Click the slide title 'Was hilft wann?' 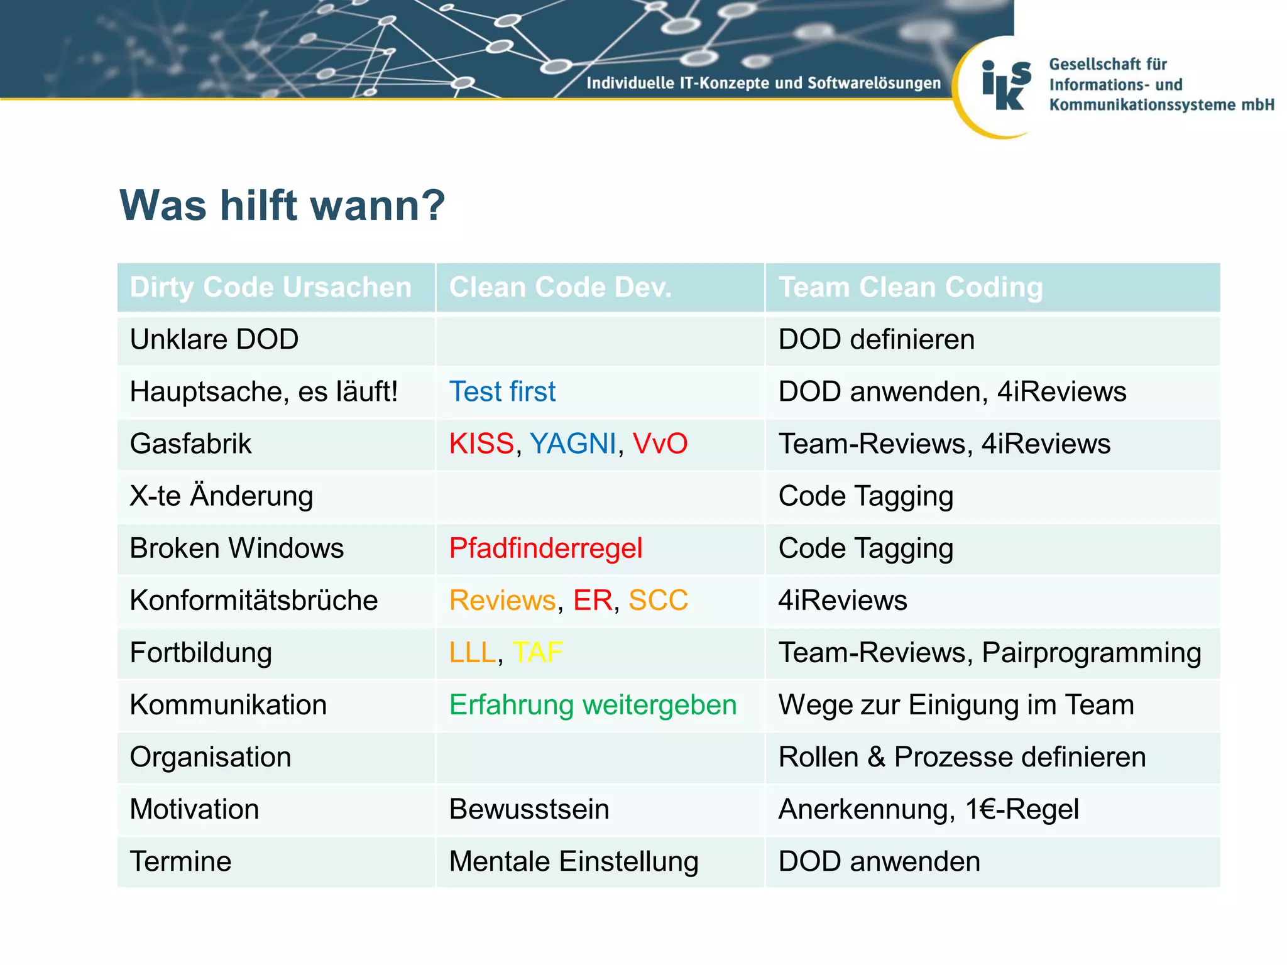(282, 205)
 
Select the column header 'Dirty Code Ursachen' (270, 287)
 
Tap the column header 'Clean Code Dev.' (560, 287)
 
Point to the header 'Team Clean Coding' (910, 287)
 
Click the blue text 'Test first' (502, 391)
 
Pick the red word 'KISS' (481, 444)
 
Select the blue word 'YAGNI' (572, 444)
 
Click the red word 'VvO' (659, 444)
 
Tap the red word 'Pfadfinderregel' (545, 548)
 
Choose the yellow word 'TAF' (537, 652)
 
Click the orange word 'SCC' (658, 600)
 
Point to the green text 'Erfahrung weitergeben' (593, 704)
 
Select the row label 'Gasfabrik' (190, 444)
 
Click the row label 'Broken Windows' (236, 548)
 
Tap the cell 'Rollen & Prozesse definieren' (961, 756)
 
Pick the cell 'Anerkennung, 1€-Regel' (928, 809)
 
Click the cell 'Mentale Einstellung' (573, 861)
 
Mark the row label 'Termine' (180, 861)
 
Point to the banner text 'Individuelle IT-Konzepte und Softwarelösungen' (763, 83)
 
